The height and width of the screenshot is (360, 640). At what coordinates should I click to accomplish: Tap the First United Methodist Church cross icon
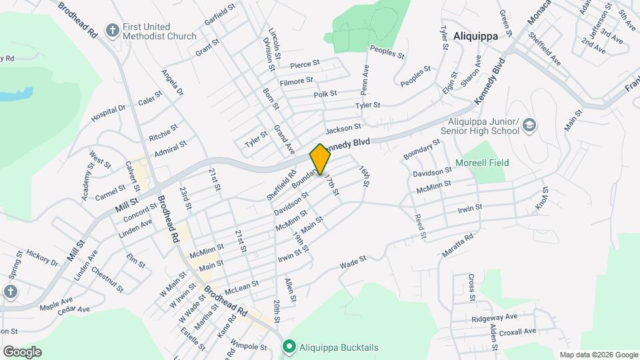click(x=113, y=31)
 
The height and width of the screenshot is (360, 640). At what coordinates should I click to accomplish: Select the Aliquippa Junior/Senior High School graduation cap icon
click(x=529, y=125)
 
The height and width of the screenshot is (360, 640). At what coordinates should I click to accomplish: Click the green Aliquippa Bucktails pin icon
click(x=289, y=346)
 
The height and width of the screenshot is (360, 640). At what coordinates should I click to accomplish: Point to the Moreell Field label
click(x=482, y=163)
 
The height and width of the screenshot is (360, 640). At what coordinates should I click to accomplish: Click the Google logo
click(x=22, y=351)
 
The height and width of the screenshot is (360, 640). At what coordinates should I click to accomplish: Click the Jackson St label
click(x=343, y=127)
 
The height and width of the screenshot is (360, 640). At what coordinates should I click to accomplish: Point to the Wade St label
click(x=353, y=263)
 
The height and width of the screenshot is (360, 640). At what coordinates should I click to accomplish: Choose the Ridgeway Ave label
click(x=494, y=317)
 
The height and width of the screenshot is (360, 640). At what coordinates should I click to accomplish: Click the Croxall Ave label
click(x=517, y=331)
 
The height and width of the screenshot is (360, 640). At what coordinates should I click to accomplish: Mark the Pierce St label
click(x=305, y=64)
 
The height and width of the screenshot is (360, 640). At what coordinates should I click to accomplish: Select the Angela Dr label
click(x=172, y=83)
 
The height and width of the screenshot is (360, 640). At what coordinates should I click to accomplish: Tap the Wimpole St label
click(x=248, y=345)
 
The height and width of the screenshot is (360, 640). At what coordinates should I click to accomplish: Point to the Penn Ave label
click(x=365, y=79)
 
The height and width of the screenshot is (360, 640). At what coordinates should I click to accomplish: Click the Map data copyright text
click(x=597, y=355)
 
